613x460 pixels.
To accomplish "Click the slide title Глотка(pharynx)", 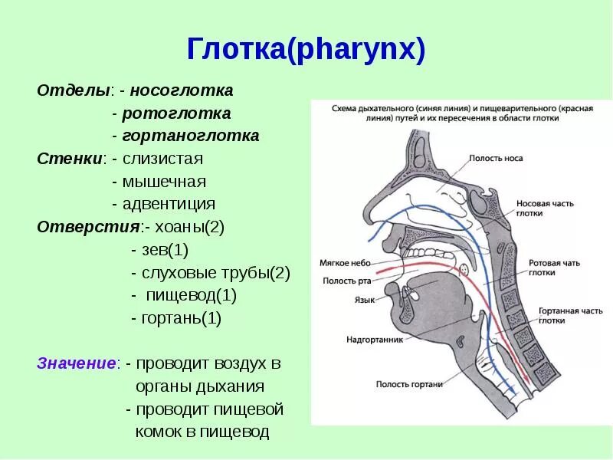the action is coord(306,51).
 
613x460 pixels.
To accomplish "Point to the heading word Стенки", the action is coord(70,159).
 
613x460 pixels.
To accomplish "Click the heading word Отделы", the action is coord(74,90).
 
